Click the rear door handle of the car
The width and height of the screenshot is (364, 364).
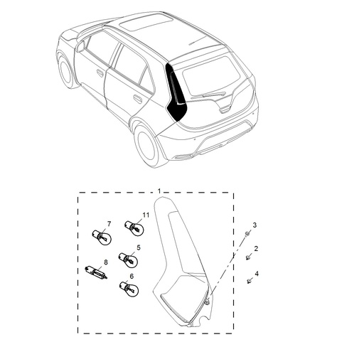point(137,98)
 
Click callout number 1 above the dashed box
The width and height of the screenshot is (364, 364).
point(159,191)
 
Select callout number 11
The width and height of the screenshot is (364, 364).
point(145,215)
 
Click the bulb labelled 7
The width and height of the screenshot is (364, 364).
point(99,236)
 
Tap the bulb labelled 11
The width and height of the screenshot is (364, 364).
point(134,227)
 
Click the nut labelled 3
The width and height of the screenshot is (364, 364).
point(246,234)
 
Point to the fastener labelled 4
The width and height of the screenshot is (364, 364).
point(250,282)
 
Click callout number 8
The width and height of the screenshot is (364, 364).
point(106,262)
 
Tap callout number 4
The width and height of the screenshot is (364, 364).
point(257,274)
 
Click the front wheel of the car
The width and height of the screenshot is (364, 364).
point(68,71)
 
